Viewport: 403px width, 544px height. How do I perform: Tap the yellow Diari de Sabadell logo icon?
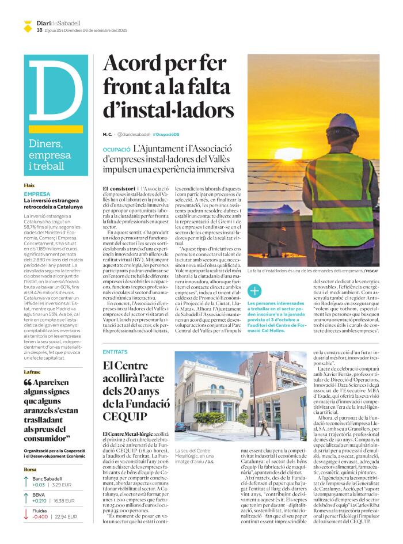click(28, 25)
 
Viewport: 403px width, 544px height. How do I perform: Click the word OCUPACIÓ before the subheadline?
click(115, 149)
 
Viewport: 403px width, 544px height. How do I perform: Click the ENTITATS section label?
click(115, 351)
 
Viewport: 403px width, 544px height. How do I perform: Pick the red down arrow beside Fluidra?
click(26, 512)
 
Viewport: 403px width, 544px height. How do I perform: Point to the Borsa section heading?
click(30, 469)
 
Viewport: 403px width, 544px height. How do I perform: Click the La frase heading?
click(33, 371)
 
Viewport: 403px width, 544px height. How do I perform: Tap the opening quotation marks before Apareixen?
click(28, 383)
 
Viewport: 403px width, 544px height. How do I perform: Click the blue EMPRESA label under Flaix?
click(37, 194)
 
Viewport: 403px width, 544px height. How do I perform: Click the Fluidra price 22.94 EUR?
click(66, 516)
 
